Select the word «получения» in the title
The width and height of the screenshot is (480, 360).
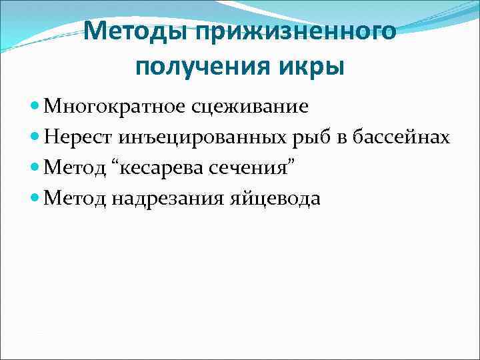[197, 68]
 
